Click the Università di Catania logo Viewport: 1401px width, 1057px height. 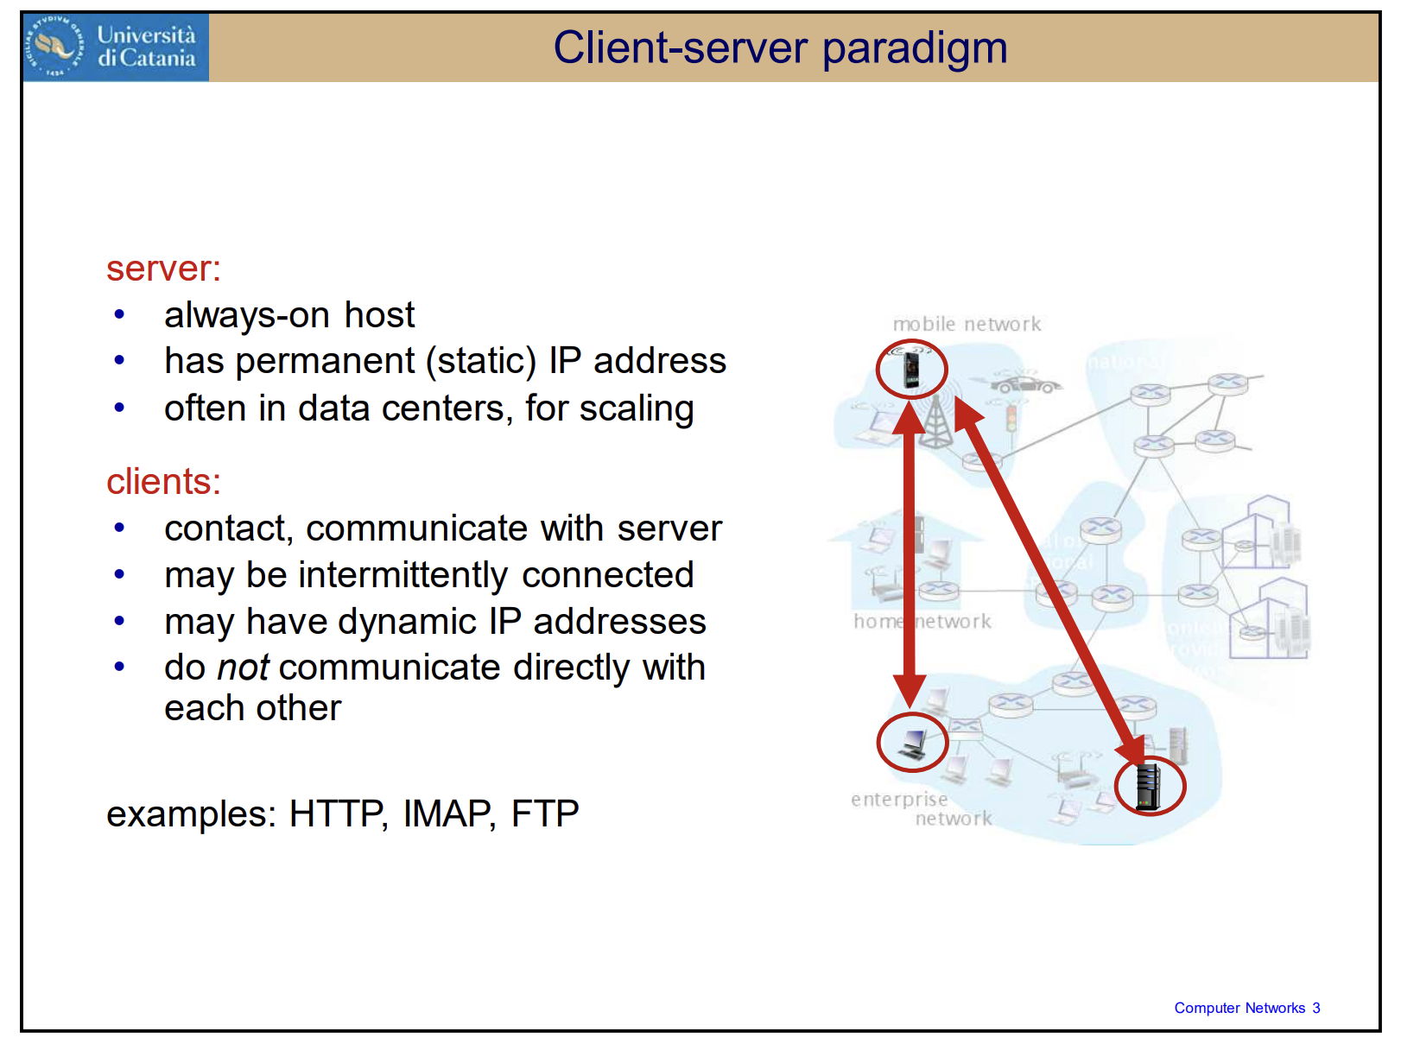coord(116,47)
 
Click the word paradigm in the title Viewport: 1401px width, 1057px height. coord(915,48)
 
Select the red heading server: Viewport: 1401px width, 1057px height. coord(163,269)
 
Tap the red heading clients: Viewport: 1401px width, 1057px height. coord(163,482)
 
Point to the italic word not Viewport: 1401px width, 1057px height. coord(243,668)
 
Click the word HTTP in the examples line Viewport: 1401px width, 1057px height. coord(338,813)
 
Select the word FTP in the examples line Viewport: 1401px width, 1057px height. coord(545,813)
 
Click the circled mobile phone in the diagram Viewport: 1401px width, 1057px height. coord(911,369)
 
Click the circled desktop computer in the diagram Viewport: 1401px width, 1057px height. coord(912,743)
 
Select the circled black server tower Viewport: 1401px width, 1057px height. coord(1149,786)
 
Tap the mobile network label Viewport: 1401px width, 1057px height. coord(967,325)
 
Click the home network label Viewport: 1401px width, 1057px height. coord(922,622)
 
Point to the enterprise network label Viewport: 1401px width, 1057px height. coord(921,809)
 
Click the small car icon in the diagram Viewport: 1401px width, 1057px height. coord(1025,383)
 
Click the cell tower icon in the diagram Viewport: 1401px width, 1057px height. coord(935,424)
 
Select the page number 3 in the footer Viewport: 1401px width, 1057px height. coord(1315,1008)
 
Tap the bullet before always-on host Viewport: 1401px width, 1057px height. coord(119,315)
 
